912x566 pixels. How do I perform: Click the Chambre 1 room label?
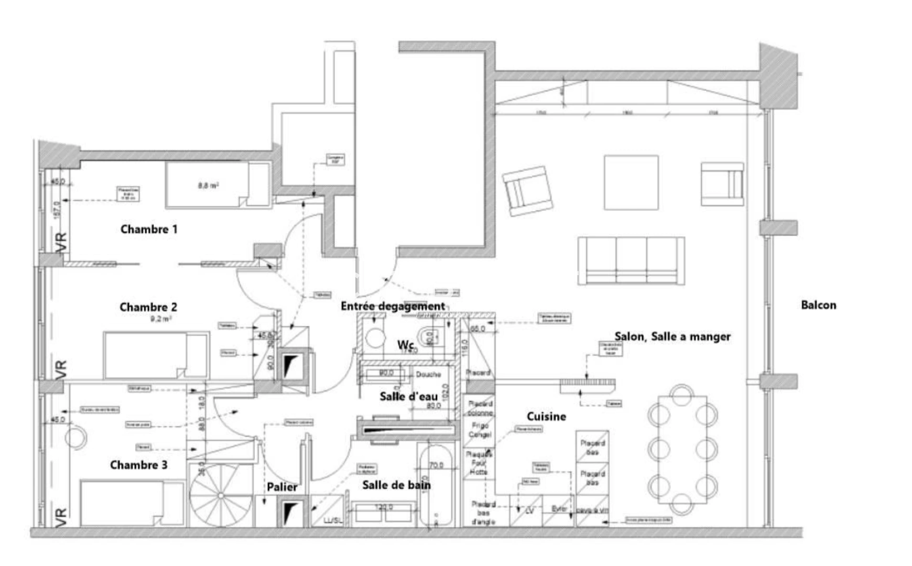click(149, 230)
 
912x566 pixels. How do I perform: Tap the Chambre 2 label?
click(148, 307)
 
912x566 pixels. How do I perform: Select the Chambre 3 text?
click(139, 465)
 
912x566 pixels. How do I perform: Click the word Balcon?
click(818, 305)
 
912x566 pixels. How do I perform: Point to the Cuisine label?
click(546, 417)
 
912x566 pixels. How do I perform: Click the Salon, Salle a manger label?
click(672, 336)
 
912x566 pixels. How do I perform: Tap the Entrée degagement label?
click(393, 306)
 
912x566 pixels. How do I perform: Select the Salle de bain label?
click(396, 485)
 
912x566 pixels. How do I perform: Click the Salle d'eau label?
click(408, 397)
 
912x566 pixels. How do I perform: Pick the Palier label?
click(282, 487)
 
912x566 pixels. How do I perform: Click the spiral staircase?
click(221, 495)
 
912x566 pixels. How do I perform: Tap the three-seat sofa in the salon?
click(631, 261)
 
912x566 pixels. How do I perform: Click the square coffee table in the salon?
click(631, 182)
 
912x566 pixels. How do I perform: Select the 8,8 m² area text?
click(208, 186)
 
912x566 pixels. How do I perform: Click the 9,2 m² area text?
click(161, 319)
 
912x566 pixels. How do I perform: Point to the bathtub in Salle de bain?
click(436, 485)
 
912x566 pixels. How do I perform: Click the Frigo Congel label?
click(480, 430)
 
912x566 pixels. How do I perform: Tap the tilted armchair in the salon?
click(528, 191)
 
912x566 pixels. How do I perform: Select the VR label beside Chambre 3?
click(61, 517)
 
